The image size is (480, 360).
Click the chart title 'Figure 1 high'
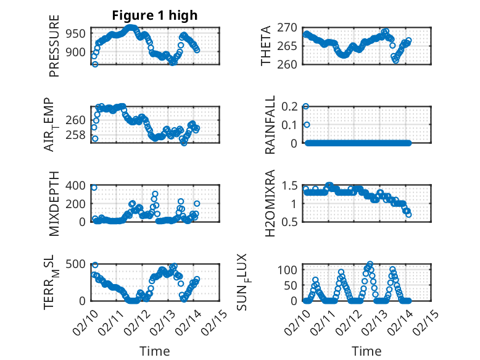pos(154,15)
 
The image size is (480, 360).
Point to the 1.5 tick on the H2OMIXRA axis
pos(291,185)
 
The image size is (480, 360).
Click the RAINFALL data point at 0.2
pos(306,106)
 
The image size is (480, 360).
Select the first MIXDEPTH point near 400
pos(94,187)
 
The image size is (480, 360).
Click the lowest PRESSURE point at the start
pos(94,64)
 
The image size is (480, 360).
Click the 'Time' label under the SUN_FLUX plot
pos(366,351)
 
